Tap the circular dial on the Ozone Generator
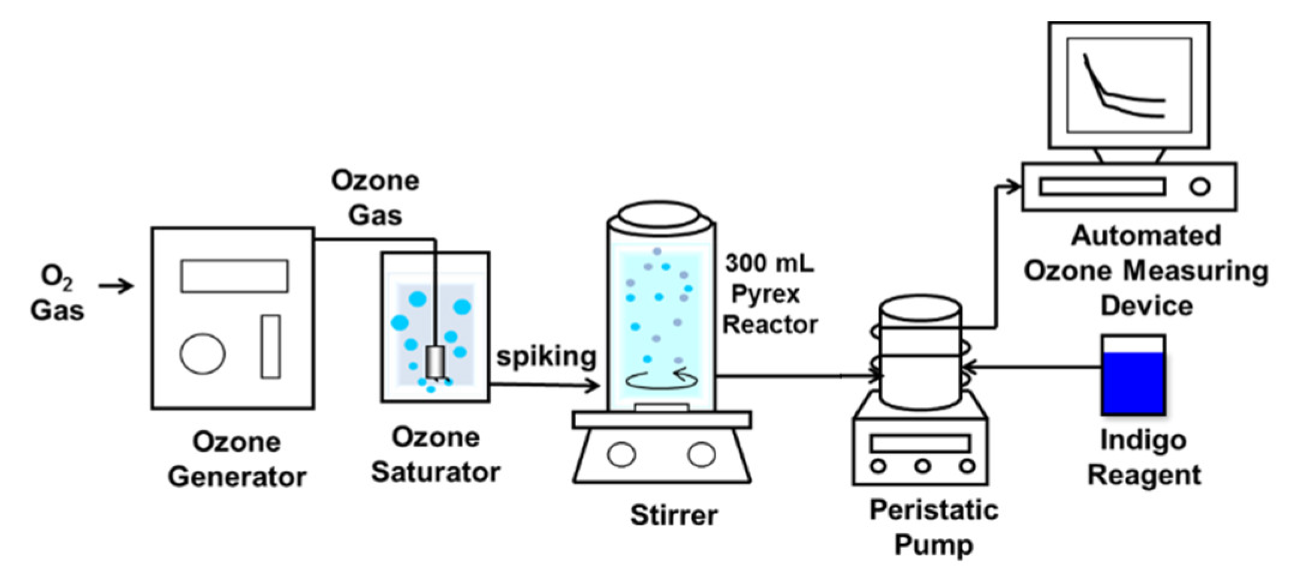coord(203,354)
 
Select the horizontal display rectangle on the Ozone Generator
coord(234,276)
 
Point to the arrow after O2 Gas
coord(116,286)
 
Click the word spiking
coord(546,357)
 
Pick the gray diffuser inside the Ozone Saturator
coord(435,361)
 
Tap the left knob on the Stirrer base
coord(621,455)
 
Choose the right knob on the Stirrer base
coord(701,455)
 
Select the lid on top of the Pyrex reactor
coord(659,215)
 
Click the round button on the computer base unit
coord(1200,187)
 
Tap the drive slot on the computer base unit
coord(1102,187)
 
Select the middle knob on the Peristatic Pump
coord(922,466)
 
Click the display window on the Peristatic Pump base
coord(920,443)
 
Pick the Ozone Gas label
coord(375,198)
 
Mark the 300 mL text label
coord(769,263)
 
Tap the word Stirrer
coord(674,515)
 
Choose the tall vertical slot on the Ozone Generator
coord(270,346)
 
